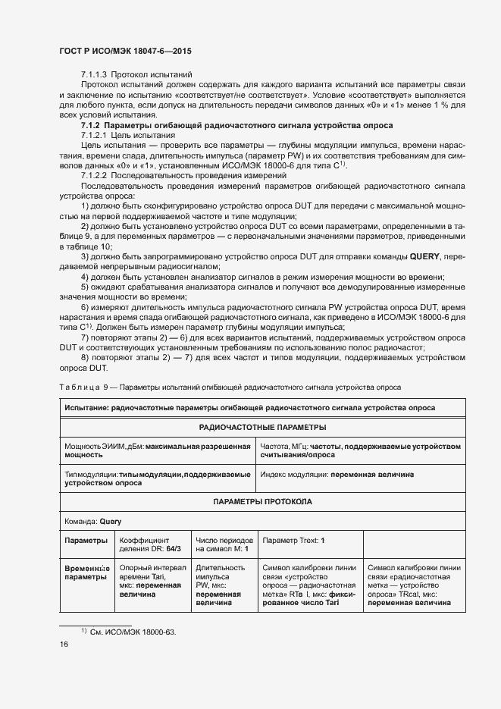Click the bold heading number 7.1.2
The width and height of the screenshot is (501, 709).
pyautogui.click(x=90, y=124)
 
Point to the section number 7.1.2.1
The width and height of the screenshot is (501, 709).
pyautogui.click(x=96, y=134)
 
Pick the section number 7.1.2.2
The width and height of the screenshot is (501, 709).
pyautogui.click(x=96, y=174)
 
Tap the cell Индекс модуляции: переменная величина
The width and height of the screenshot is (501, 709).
pyautogui.click(x=337, y=474)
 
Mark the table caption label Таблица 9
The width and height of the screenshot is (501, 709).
pyautogui.click(x=83, y=387)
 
